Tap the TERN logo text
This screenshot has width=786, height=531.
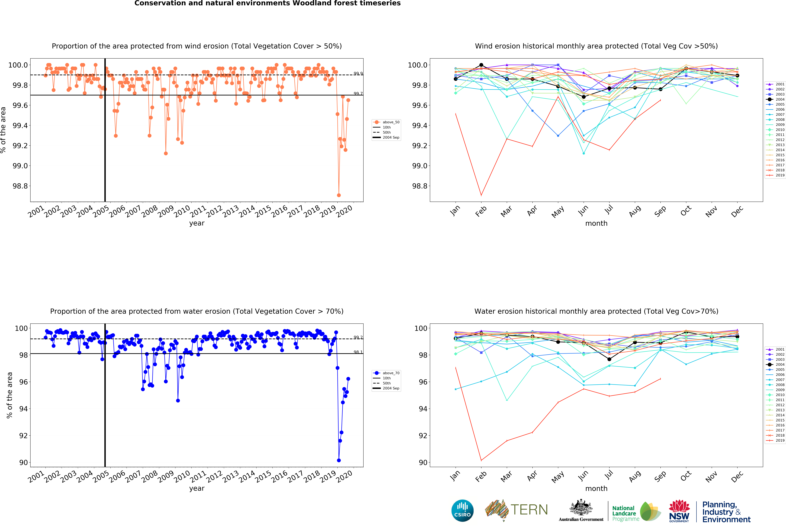click(x=529, y=510)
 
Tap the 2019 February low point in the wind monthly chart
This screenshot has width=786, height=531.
click(x=481, y=195)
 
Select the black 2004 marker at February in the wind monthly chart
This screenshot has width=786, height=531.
click(x=481, y=65)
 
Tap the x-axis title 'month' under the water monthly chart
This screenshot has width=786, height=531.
click(x=596, y=488)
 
